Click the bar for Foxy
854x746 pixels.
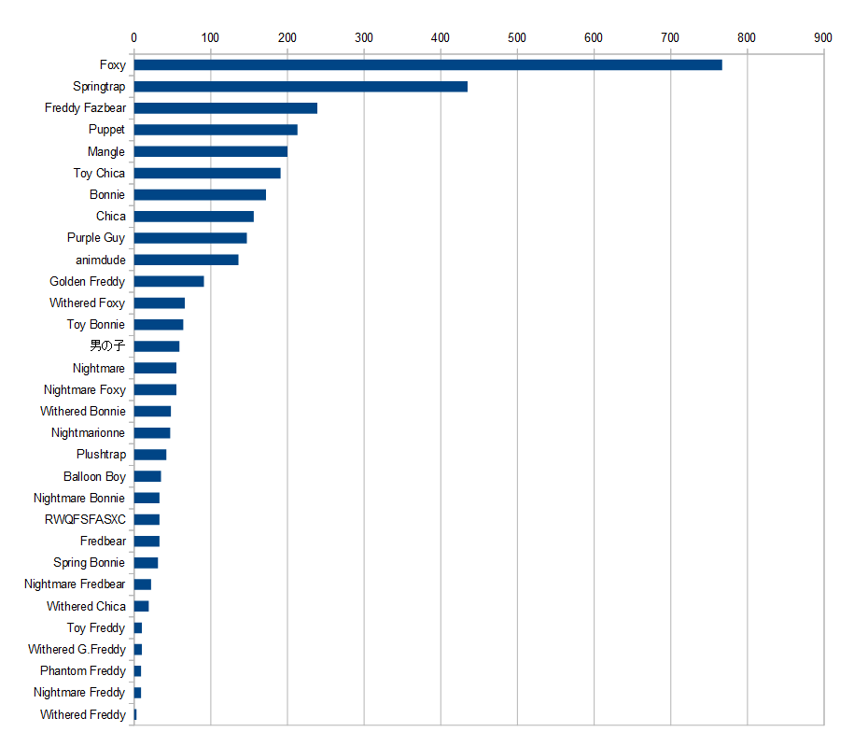(427, 64)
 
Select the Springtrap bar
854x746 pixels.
(301, 86)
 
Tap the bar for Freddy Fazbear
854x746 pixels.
(225, 108)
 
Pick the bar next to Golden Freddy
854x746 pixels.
(169, 281)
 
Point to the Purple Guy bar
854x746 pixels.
(190, 238)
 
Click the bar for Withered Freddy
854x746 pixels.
(135, 714)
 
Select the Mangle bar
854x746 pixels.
(211, 151)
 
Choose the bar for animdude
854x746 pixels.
(186, 260)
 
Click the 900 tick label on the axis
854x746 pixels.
(822, 37)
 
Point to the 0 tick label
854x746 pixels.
(134, 37)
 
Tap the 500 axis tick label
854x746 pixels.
(517, 37)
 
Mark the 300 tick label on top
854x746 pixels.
(364, 37)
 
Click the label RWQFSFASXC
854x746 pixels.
(85, 519)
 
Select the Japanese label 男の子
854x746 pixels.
(107, 346)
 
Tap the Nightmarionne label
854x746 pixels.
(88, 433)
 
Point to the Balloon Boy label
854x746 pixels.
(94, 476)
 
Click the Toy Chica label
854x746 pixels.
(99, 173)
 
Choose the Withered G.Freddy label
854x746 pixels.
(77, 649)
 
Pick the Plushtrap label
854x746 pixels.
(101, 455)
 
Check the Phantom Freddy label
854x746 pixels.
(82, 670)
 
